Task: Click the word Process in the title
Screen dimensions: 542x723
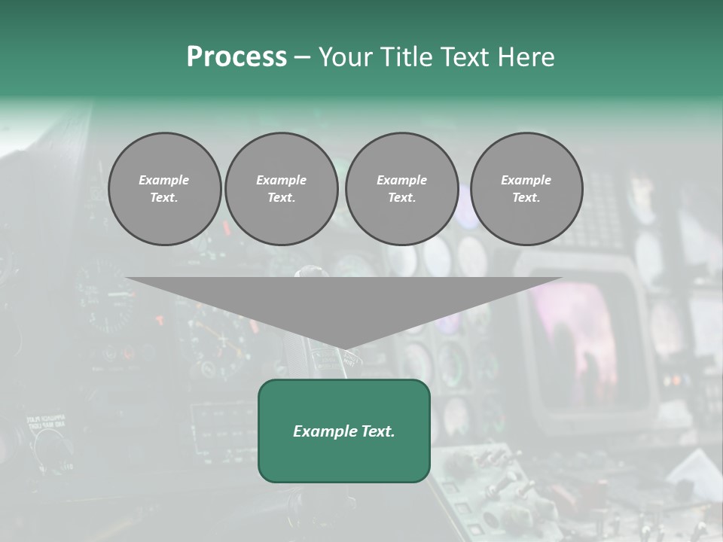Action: point(236,57)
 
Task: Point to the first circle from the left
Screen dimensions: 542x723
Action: point(165,189)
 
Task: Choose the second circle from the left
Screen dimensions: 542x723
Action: point(282,189)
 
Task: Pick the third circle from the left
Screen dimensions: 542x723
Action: point(401,189)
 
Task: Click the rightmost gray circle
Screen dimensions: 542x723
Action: point(526,189)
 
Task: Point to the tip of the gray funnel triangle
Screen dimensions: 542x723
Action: point(344,350)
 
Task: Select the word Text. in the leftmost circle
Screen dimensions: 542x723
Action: point(164,198)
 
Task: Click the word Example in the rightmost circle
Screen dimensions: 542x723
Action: point(526,180)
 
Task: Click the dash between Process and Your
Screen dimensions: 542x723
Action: point(303,57)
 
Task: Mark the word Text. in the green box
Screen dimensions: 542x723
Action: point(378,431)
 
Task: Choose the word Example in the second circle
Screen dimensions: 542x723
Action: point(282,180)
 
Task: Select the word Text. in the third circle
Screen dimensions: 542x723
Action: point(401,198)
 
